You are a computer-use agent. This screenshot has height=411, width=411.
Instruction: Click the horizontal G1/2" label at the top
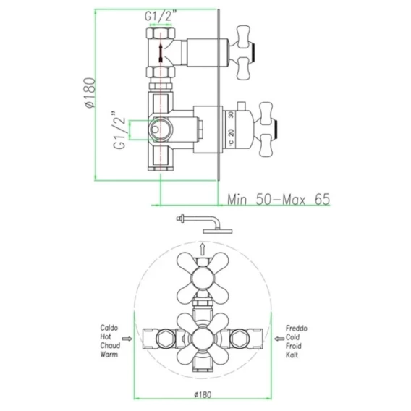pos(160,16)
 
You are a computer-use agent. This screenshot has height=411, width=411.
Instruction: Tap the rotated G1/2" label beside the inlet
pos(119,130)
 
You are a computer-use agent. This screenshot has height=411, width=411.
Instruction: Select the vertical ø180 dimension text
pos(89,93)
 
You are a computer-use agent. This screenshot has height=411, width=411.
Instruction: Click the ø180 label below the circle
pos(203,394)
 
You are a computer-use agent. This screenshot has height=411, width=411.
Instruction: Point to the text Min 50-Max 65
pos(279,200)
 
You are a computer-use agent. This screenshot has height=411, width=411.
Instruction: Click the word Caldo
pos(109,328)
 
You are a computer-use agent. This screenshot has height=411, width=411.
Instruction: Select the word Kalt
pos(292,355)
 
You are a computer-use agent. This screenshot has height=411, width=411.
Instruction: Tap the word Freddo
pos(296,329)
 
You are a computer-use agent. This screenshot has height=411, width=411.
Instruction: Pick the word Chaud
pos(110,345)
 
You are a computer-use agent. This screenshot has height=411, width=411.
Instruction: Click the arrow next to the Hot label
pos(127,339)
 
